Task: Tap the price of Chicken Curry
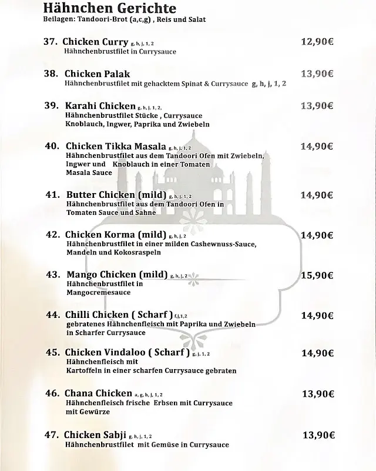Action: click(317, 42)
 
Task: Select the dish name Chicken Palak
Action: click(97, 74)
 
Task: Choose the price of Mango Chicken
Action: click(317, 275)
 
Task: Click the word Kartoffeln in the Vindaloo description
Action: click(85, 371)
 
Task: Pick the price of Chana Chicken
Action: click(318, 394)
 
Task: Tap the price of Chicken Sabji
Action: click(318, 436)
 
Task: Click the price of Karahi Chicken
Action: click(317, 106)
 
